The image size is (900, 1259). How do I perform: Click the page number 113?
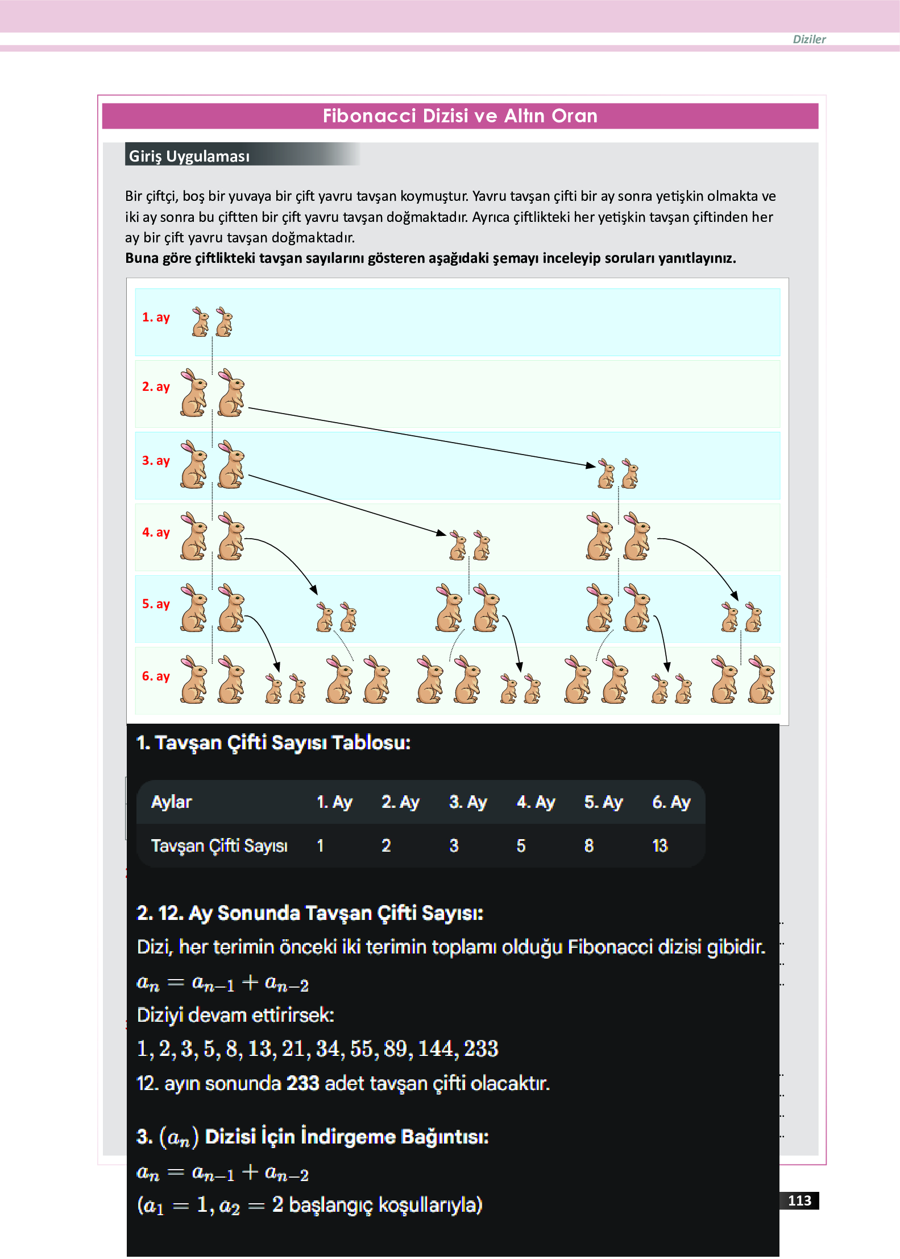[x=799, y=1200]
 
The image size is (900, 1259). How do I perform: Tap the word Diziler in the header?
[x=808, y=39]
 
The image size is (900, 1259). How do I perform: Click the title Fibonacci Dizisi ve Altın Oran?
[x=459, y=116]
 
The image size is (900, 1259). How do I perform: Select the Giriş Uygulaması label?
[x=189, y=156]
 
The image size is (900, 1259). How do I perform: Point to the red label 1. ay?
[x=156, y=317]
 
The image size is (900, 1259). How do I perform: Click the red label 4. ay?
[x=156, y=533]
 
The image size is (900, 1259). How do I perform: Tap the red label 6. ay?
[x=156, y=676]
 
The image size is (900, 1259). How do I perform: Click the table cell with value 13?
[x=660, y=846]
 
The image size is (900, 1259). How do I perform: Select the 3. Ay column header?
[x=467, y=802]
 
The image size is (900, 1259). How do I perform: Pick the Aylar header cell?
[x=172, y=802]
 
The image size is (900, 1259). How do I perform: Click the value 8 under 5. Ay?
[x=588, y=846]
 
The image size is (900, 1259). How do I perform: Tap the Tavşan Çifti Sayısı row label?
[x=219, y=846]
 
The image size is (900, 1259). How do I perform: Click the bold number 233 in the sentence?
[x=302, y=1083]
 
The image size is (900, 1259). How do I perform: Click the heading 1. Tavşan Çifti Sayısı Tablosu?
[x=273, y=743]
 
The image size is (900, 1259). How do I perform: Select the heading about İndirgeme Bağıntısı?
[x=313, y=1137]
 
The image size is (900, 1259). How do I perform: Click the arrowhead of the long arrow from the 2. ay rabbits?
[x=591, y=465]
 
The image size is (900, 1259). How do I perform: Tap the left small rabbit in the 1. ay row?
[x=200, y=323]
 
